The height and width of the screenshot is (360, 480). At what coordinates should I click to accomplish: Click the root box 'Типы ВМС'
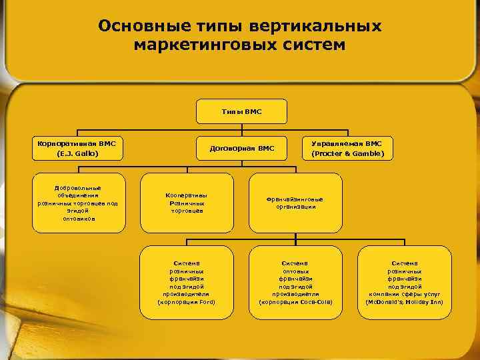point(241,111)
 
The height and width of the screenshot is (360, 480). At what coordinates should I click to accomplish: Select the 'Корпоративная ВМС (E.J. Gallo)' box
point(77,148)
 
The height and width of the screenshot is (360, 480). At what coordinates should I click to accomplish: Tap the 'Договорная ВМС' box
point(241,148)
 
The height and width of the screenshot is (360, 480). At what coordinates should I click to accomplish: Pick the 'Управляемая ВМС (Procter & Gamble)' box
point(352,148)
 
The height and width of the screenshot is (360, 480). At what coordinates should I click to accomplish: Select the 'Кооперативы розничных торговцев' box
point(187,203)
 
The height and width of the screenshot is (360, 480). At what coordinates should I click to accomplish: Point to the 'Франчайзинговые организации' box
point(295,203)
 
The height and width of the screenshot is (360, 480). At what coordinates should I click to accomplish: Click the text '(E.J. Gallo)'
point(77,154)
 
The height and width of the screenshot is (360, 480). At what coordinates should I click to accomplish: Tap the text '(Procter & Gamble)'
point(352,154)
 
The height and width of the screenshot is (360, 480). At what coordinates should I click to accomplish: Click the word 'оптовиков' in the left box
point(78,218)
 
